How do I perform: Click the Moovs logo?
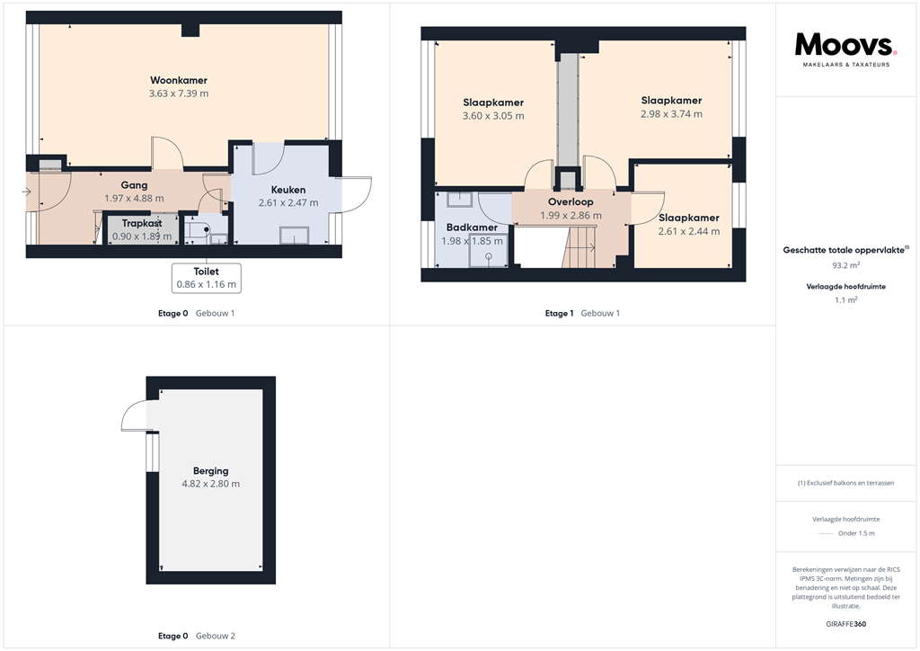[845, 46]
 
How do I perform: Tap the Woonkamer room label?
[179, 81]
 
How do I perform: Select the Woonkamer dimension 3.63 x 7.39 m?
[179, 94]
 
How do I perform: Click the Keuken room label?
[288, 190]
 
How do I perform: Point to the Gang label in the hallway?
[134, 185]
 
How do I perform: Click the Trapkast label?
[141, 223]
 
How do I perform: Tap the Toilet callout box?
[206, 277]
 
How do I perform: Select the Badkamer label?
[472, 227]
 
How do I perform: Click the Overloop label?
[571, 202]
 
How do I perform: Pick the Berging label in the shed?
[210, 470]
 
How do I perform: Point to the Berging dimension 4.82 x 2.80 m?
[210, 484]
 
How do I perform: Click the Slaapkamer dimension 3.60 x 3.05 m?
[493, 116]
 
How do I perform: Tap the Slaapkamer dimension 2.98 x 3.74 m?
[671, 114]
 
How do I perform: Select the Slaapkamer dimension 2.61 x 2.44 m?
[688, 231]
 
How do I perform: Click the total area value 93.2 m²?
[845, 266]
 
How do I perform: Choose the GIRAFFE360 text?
[845, 624]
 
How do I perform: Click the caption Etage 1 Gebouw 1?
[582, 313]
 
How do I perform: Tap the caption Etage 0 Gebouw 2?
[196, 636]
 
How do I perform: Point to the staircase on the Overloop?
[579, 247]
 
